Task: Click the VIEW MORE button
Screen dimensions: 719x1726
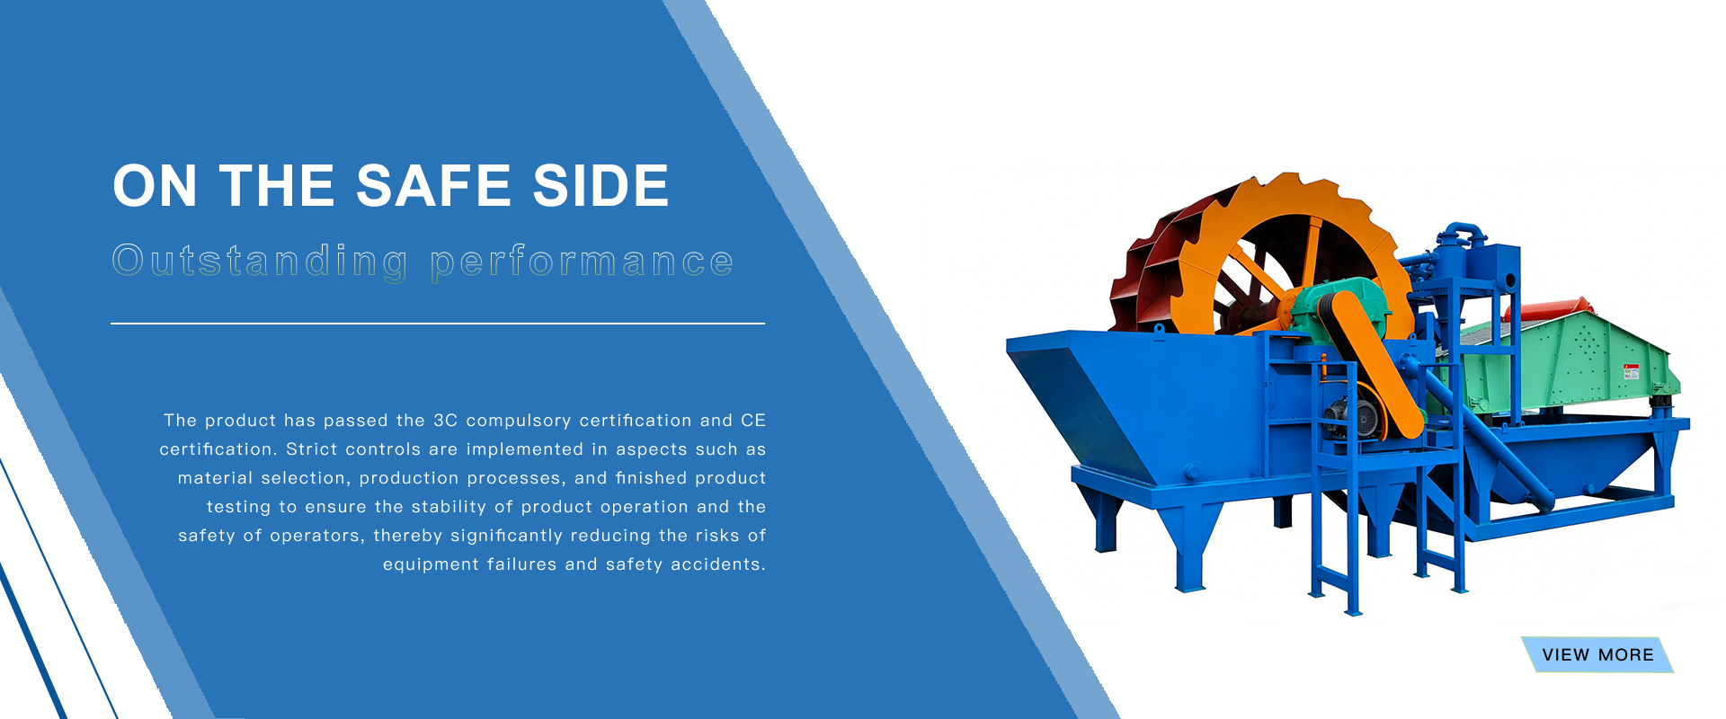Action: point(1597,655)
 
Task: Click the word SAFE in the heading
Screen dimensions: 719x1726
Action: point(433,186)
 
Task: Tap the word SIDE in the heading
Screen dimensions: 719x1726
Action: point(601,186)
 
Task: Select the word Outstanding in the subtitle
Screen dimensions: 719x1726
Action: point(260,262)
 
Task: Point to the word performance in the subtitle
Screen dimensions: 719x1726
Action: point(582,262)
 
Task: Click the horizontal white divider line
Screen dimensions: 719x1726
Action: point(437,324)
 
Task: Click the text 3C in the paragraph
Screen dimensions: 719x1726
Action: point(445,421)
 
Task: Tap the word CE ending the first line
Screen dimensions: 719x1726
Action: point(753,421)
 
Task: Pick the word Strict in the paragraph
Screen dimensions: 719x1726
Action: point(311,449)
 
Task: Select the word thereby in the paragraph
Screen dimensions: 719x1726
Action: point(407,536)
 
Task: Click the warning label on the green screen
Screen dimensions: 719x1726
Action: point(1631,371)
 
